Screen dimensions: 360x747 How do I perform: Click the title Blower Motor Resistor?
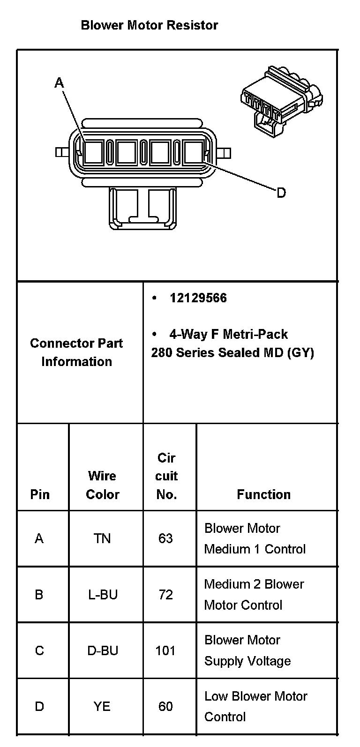click(x=149, y=25)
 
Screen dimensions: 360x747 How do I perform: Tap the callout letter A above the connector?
click(x=59, y=83)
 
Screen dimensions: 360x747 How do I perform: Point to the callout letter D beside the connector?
click(x=281, y=193)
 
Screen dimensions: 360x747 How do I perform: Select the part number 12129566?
click(x=198, y=298)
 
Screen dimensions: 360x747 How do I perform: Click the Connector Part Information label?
click(x=76, y=352)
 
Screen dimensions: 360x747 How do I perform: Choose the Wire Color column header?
click(x=103, y=485)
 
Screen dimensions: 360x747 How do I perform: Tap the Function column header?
click(x=263, y=494)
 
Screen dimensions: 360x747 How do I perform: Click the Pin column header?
click(x=40, y=494)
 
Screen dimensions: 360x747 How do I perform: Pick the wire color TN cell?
click(x=102, y=538)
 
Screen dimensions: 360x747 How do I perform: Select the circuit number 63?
click(x=165, y=538)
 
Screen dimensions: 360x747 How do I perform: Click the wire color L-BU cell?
click(x=103, y=595)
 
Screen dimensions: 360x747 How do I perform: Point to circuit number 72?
click(x=165, y=595)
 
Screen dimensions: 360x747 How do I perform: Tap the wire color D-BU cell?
click(x=103, y=650)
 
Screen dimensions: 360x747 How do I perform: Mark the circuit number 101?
click(x=165, y=650)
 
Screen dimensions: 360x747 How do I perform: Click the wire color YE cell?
click(x=102, y=706)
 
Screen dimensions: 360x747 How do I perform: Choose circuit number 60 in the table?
click(x=165, y=706)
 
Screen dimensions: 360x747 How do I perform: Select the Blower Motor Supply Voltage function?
click(x=247, y=650)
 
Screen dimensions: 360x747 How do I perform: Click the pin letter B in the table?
click(x=39, y=595)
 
